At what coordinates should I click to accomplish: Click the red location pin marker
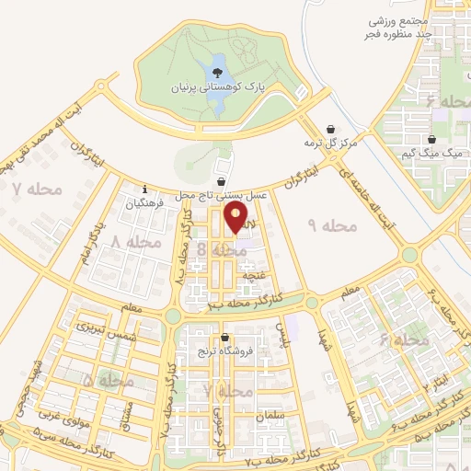pos(237,217)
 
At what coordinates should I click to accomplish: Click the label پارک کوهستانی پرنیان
pos(217,88)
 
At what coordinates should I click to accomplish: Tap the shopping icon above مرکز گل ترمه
pos(331,129)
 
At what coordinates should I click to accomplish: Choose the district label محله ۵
pos(108,380)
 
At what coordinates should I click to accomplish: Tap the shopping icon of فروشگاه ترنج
pos(225,338)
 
